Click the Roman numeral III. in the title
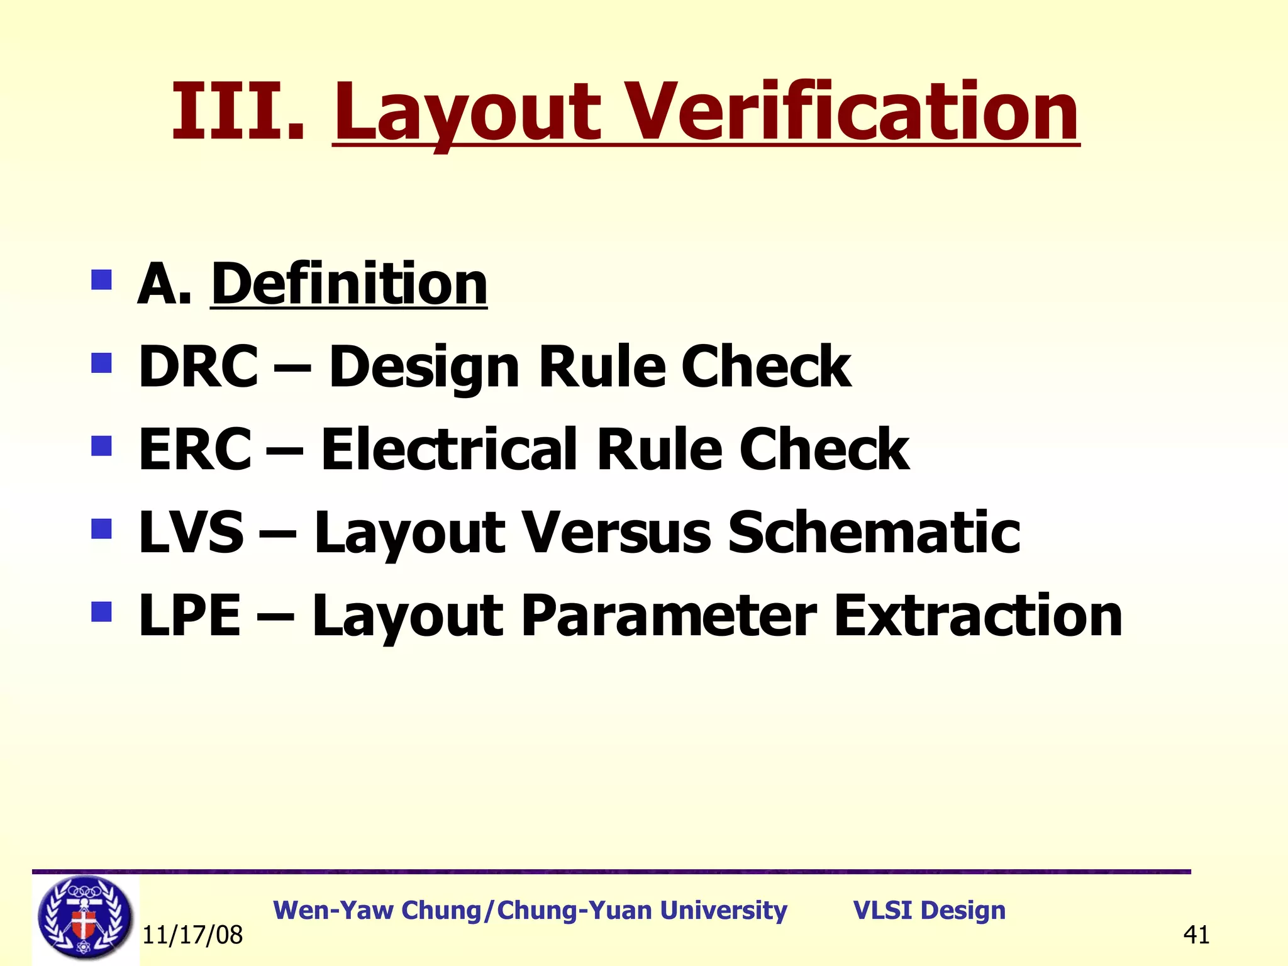point(238,112)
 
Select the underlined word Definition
point(349,284)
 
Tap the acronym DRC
point(198,367)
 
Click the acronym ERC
point(195,449)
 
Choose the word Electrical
point(449,449)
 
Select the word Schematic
point(874,533)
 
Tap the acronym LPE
point(189,616)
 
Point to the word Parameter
point(669,616)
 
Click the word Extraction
point(978,616)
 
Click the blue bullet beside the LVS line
point(101,529)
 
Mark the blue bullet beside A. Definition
point(101,279)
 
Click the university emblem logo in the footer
point(85,918)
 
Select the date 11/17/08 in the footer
point(192,935)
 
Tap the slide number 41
point(1196,935)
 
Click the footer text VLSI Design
point(929,910)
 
